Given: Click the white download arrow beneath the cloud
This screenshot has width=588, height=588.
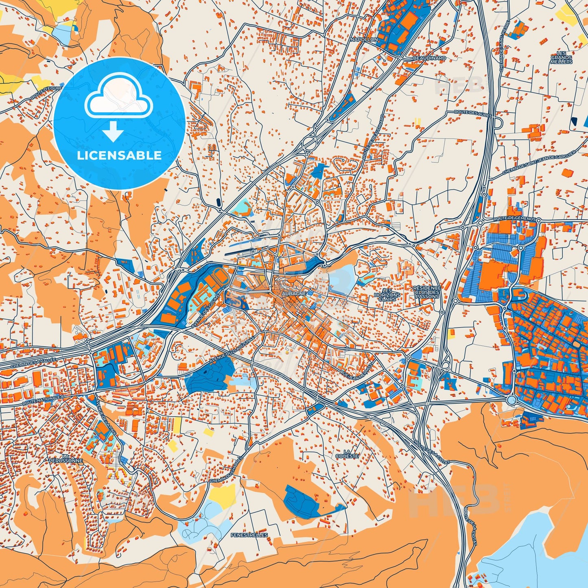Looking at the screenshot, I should pyautogui.click(x=113, y=132).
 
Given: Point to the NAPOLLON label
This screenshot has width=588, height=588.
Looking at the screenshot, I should pyautogui.click(x=364, y=39).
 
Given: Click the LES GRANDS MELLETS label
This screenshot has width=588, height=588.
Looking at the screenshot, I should pyautogui.click(x=561, y=57).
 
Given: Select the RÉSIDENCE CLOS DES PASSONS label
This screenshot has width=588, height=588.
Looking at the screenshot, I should pyautogui.click(x=427, y=292).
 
